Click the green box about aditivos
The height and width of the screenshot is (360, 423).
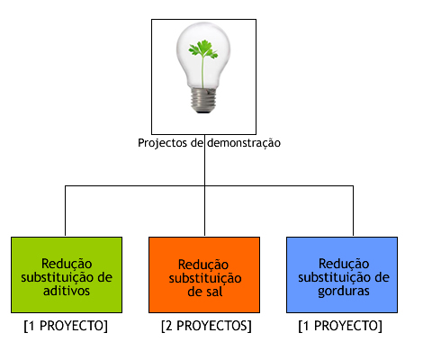67,274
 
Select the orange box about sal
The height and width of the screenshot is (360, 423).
204,274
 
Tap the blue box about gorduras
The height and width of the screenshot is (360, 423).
342,274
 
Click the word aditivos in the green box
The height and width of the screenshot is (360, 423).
67,291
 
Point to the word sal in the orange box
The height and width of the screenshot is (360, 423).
212,292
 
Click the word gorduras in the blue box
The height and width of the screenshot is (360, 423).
344,292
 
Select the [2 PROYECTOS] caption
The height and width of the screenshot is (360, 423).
206,326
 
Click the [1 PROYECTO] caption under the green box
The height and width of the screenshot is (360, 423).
66,326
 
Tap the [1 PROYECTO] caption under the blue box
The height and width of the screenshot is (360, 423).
340,326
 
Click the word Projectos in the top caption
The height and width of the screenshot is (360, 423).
162,143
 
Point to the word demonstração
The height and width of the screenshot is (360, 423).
244,143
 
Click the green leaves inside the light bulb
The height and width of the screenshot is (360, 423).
202,49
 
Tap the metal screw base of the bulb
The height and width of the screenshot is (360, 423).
203,101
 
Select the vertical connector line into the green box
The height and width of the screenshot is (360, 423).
65,211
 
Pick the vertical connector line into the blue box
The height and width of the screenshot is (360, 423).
353,211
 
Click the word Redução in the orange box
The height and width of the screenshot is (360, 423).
203,265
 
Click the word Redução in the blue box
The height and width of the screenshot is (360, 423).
344,264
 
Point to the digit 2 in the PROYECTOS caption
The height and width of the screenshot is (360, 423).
169,326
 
